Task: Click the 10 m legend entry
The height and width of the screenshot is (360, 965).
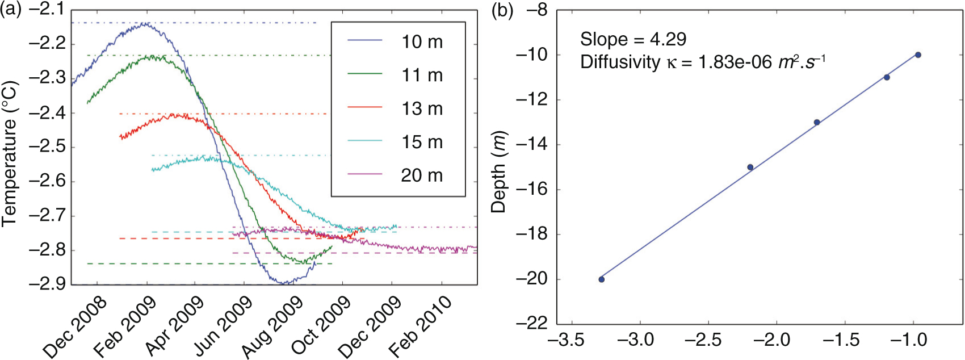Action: pos(422,41)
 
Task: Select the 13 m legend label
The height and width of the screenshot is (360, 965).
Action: pos(422,108)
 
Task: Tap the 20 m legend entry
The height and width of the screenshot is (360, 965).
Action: pos(422,175)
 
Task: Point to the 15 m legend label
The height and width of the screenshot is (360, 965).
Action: pos(422,142)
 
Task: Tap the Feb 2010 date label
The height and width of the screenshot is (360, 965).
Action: pos(421,326)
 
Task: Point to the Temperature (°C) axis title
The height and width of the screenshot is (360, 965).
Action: pos(9,153)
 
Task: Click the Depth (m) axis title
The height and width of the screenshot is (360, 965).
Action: pos(498,172)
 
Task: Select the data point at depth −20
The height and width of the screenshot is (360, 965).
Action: pos(602,279)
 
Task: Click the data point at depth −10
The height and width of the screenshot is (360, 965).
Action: pos(918,55)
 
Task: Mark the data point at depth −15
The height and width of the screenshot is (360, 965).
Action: pos(750,168)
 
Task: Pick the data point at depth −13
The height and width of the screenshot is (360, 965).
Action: pos(817,122)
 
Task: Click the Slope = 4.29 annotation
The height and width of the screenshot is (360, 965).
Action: pos(633,39)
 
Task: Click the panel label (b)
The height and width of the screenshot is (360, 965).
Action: pos(502,11)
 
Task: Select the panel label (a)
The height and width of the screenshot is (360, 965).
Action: pos(11,10)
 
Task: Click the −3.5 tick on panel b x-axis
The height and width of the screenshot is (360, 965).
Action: pos(566,340)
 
